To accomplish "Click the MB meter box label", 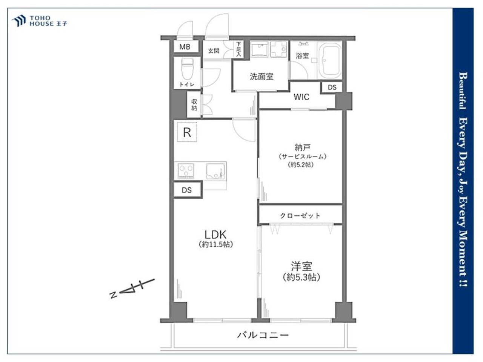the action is click(185, 47).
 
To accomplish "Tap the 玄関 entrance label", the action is click(214, 51).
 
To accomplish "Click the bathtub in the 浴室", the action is click(329, 60).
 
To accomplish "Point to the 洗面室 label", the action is click(261, 77).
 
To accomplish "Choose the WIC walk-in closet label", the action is click(301, 97).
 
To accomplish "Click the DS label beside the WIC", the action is click(332, 87).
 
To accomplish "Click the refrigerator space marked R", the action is click(187, 132).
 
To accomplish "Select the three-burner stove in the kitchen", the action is click(186, 170).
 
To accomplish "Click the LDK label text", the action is click(215, 235).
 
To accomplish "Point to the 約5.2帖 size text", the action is click(301, 165).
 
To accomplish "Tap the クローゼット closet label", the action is click(300, 216).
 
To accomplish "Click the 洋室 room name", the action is click(301, 266).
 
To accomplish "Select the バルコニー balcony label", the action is click(263, 335).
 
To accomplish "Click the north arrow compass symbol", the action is click(132, 288).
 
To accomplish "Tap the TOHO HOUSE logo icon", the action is click(19, 21).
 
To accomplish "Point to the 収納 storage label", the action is click(194, 104).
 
